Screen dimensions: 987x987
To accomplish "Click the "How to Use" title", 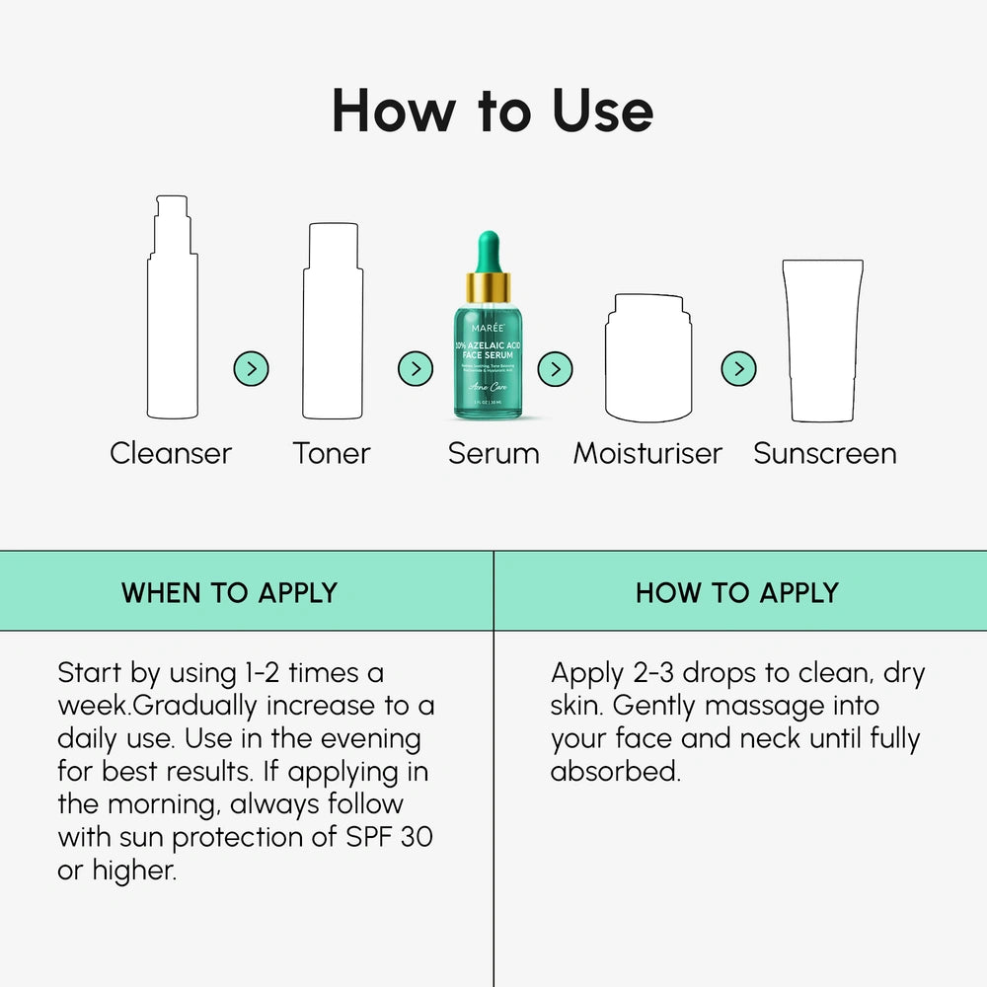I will pos(493,111).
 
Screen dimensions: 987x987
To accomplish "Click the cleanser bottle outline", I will pos(172,316).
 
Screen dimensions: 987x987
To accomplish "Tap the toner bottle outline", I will pos(332,326).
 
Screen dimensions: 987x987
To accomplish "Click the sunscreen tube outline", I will pos(822,341).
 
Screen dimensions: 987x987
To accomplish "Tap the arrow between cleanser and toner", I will pos(252,369).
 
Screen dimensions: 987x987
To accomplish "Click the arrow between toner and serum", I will pos(416,369).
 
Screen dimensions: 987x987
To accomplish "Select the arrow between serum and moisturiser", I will pos(556,369).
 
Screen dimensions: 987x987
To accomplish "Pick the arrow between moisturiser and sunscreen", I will pos(738,369).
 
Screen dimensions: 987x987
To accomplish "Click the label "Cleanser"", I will pos(171,454).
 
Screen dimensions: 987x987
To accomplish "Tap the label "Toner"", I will pos(332,454).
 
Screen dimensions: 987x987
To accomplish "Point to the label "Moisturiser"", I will pos(647,454).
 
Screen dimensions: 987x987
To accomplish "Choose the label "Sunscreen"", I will pos(825,454).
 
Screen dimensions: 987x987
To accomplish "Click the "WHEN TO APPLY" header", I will pos(229,592).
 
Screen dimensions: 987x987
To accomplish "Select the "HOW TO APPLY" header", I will pos(737,592).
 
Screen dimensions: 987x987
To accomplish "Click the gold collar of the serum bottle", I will pos(489,288).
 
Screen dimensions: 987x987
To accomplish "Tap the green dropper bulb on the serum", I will pos(489,251).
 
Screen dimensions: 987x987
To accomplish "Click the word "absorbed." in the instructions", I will pos(616,772).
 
